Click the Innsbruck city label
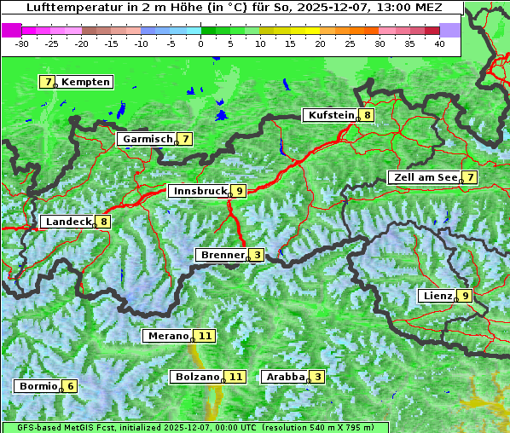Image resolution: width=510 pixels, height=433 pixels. tap(198, 191)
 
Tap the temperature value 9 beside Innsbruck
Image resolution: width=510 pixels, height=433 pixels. tap(240, 191)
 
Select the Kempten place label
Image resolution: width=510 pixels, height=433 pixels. tap(85, 82)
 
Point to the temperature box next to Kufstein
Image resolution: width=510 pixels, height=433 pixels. tap(367, 115)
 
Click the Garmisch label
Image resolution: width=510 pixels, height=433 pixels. tap(148, 138)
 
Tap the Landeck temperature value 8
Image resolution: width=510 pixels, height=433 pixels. tap(103, 222)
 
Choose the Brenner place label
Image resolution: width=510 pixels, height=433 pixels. tap(222, 254)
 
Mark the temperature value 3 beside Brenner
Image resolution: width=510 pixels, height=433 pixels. tap(257, 254)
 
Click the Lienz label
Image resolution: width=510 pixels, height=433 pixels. tap(437, 296)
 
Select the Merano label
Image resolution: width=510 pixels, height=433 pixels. tap(167, 336)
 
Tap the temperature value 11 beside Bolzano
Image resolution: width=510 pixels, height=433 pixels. tap(235, 376)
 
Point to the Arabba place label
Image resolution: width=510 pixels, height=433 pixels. tap(285, 376)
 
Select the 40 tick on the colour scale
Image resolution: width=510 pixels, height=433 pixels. tap(439, 43)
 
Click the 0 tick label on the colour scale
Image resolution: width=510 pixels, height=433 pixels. tap(201, 43)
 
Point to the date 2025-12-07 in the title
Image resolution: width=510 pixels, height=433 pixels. tap(327, 7)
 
